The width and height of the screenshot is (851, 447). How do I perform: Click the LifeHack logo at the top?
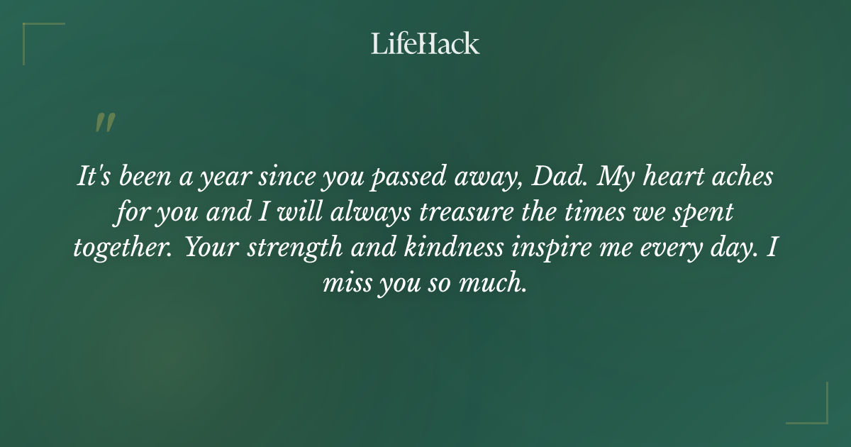coord(425,43)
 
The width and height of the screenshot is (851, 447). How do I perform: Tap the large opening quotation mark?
coord(104,123)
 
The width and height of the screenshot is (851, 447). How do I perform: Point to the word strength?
coord(294,248)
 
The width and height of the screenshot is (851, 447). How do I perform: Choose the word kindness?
coord(457,248)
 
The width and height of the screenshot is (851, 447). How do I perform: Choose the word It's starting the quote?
coord(92,177)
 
